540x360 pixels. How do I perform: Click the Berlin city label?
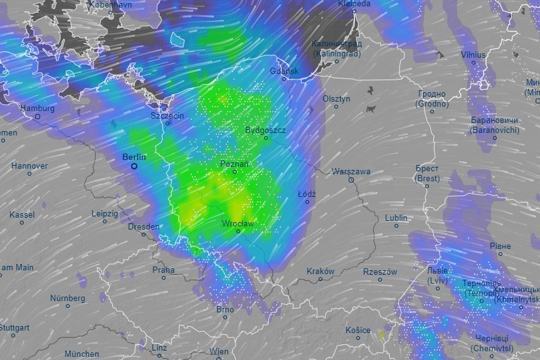click(134, 157)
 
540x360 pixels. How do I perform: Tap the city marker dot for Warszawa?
click(351, 180)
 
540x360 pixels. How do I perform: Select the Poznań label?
click(235, 164)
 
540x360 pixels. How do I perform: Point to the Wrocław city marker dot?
click(238, 231)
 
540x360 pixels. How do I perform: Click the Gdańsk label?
click(284, 71)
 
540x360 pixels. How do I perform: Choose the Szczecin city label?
click(167, 116)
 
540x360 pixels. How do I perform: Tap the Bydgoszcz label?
click(265, 130)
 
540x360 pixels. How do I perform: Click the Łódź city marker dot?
click(307, 201)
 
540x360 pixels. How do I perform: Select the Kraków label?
click(321, 272)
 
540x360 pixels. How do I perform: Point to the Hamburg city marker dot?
click(38, 117)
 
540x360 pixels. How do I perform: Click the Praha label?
click(164, 270)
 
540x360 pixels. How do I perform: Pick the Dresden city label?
click(143, 227)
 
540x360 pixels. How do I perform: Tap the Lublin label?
click(396, 218)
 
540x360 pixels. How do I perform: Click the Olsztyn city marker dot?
click(336, 107)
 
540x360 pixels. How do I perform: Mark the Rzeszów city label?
click(380, 272)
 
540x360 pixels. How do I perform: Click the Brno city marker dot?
click(224, 317)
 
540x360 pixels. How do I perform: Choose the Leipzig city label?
click(105, 214)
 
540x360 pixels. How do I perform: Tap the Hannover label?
click(29, 166)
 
